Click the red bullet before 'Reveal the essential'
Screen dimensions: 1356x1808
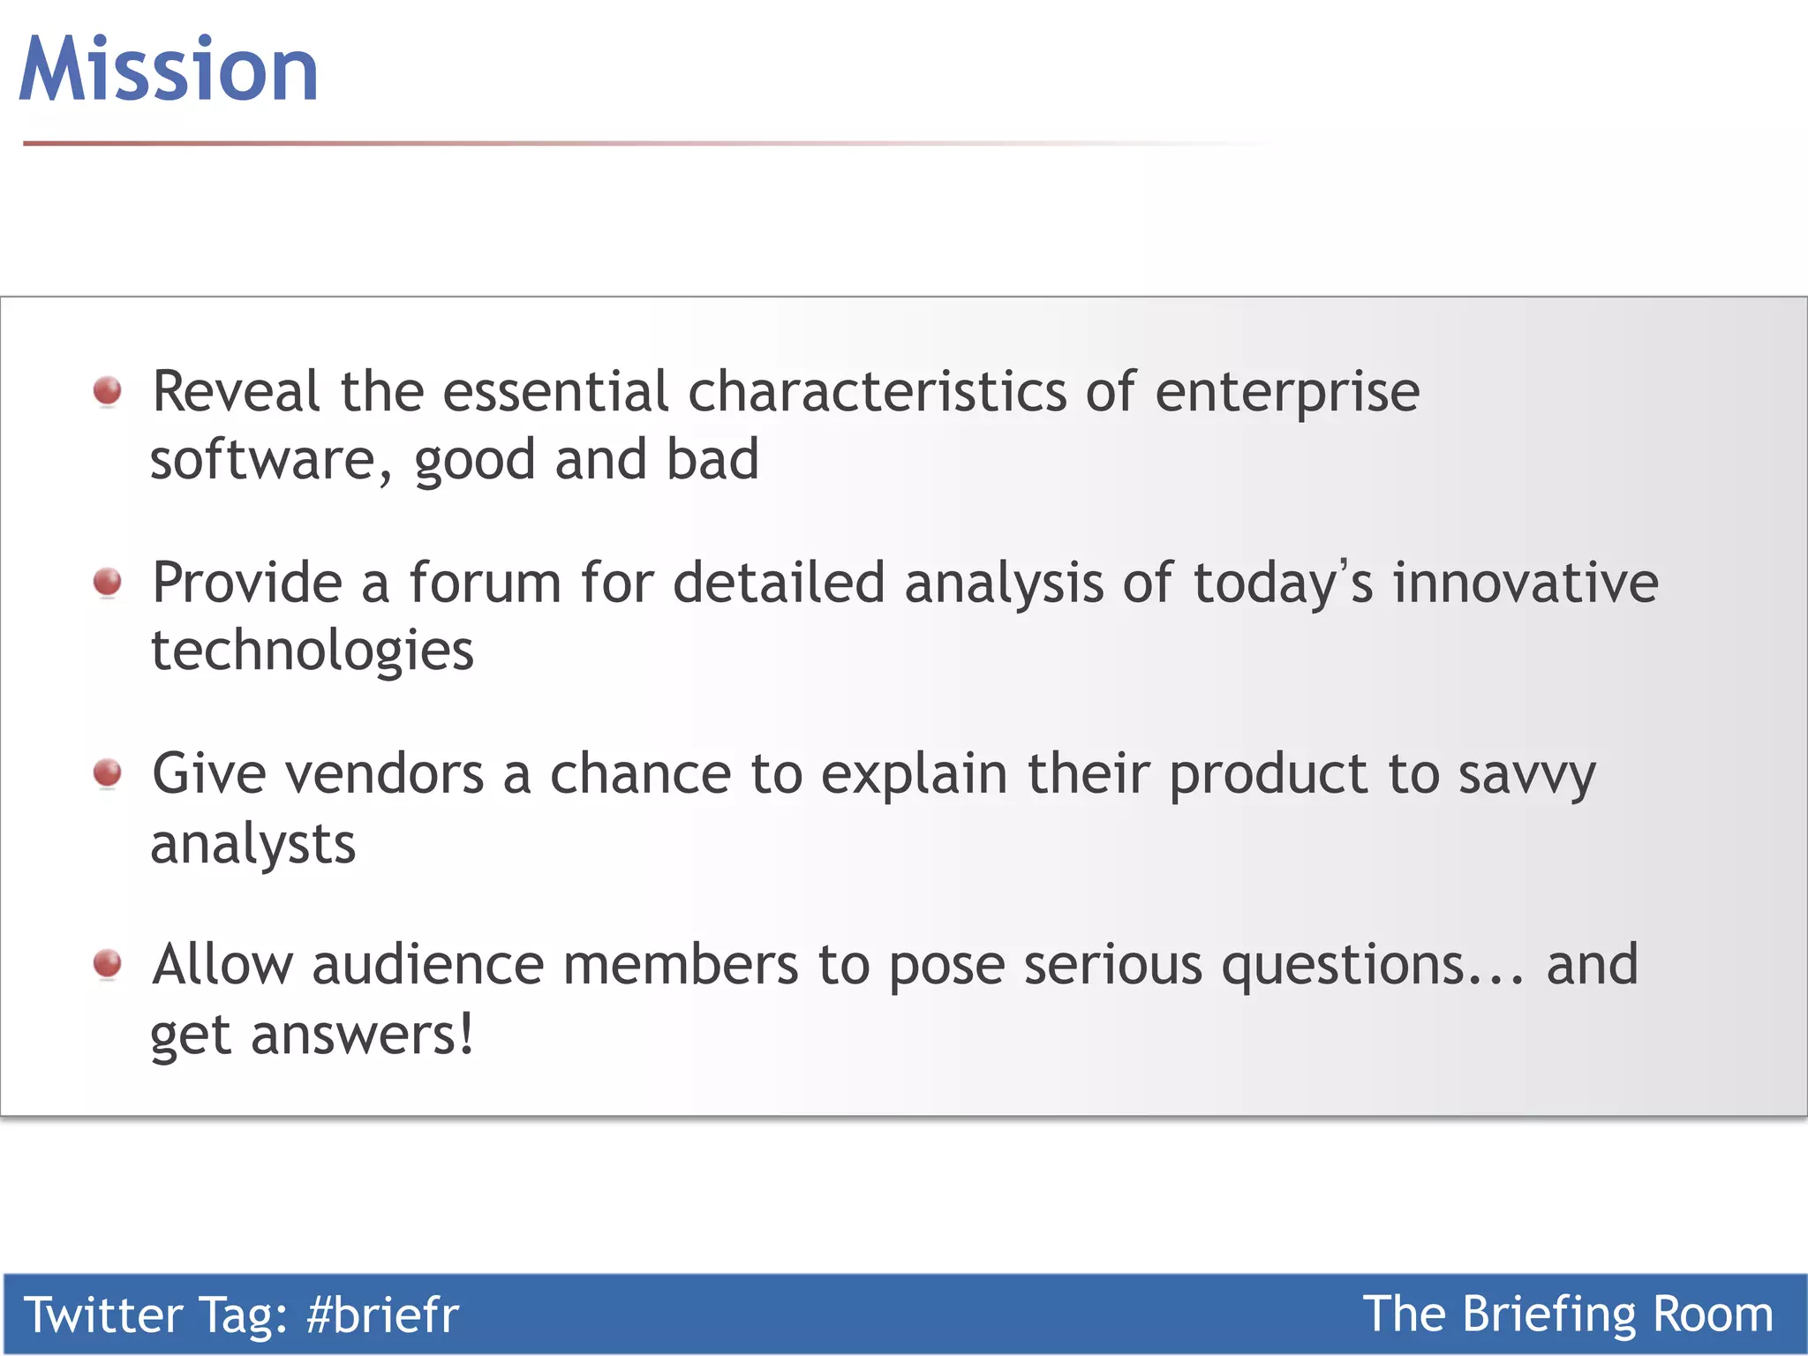108,390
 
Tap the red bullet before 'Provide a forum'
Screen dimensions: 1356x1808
108,582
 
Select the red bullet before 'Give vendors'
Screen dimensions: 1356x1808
108,772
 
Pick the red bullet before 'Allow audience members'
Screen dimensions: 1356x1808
108,963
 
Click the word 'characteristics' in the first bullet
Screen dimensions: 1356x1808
877,391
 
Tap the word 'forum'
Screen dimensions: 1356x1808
485,583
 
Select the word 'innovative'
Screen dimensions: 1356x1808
1525,583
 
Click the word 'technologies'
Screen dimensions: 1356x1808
312,652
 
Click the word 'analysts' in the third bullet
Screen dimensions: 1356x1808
252,845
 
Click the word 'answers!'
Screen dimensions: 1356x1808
362,1035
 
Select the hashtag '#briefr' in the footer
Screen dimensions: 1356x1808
382,1315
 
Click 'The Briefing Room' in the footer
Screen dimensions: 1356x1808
1568,1315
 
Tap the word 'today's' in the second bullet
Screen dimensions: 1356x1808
1283,584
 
